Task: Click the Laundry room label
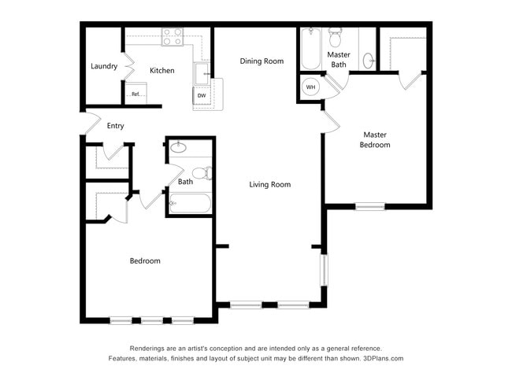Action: (103, 66)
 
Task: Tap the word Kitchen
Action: (162, 71)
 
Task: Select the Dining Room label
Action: (262, 61)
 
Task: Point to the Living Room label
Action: (270, 185)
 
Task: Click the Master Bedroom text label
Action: (375, 139)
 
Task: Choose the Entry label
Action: (115, 126)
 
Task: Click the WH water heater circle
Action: (310, 87)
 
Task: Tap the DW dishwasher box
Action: (202, 96)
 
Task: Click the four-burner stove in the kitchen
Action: (173, 35)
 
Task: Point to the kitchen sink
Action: (202, 72)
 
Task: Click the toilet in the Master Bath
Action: (335, 38)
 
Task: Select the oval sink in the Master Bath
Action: (369, 60)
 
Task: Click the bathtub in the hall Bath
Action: (190, 204)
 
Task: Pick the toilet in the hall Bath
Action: (201, 173)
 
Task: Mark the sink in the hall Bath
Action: (179, 147)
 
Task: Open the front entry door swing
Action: (90, 124)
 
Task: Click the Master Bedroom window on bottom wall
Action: (370, 207)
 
